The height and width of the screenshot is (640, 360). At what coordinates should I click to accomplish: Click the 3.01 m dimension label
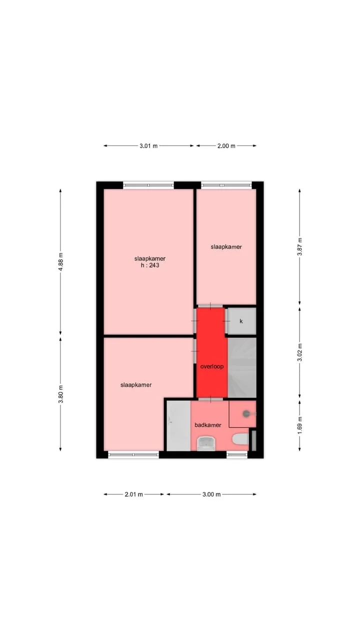point(148,145)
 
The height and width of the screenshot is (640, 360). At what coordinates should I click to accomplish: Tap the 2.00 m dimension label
point(226,145)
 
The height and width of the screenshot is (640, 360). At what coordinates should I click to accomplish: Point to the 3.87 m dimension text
point(299,246)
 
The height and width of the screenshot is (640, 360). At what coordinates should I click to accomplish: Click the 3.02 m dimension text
point(299,352)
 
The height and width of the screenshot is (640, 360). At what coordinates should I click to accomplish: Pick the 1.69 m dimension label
point(299,425)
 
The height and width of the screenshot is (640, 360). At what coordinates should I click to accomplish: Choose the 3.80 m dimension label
point(60,394)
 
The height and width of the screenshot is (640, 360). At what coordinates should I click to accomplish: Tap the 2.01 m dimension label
point(133,494)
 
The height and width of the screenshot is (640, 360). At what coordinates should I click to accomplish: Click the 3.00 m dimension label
point(211,494)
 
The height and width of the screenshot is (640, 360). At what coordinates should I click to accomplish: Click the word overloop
point(211,366)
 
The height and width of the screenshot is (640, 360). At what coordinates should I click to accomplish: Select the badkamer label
point(207,425)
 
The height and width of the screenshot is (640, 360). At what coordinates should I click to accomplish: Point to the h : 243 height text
point(150,265)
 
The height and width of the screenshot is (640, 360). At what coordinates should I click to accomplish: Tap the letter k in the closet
point(241,321)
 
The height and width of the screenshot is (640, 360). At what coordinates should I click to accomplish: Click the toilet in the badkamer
point(240,439)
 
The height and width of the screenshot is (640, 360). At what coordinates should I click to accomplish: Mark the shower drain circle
point(246,413)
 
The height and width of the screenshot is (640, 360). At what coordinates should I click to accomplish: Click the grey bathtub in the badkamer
point(178,425)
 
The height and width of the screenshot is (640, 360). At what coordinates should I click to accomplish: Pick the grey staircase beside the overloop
point(242,367)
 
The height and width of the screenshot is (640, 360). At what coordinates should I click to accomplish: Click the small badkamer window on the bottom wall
point(237,454)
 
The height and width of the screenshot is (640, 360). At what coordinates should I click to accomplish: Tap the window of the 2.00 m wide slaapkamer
point(226,185)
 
